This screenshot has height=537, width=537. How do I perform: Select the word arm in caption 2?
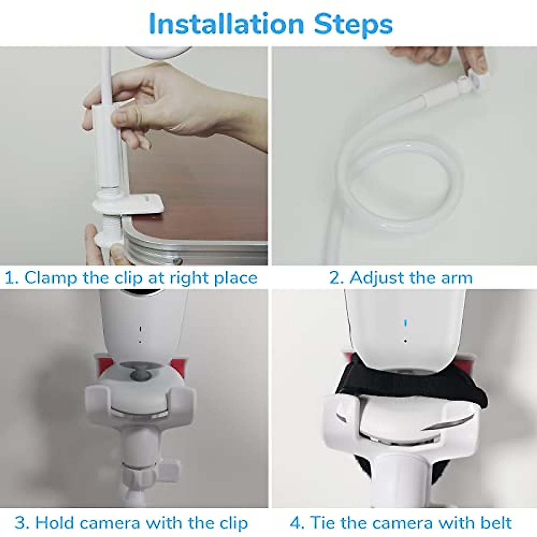[456, 277]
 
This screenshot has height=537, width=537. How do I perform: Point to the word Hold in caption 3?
[55, 523]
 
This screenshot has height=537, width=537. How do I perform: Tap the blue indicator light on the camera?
[405, 323]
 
